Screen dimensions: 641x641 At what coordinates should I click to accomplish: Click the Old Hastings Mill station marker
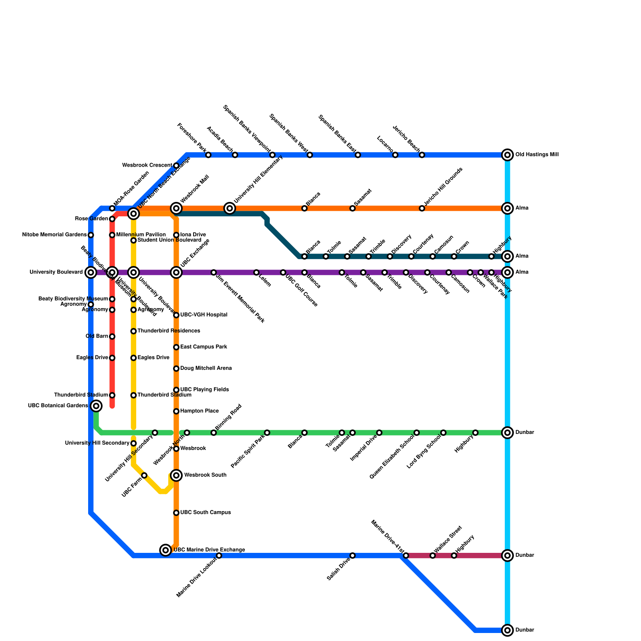[x=508, y=155]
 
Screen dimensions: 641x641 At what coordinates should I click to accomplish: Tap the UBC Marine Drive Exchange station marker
[x=165, y=550]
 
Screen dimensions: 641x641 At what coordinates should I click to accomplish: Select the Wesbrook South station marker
[x=176, y=475]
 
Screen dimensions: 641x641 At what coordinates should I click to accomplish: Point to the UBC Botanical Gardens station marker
[x=96, y=406]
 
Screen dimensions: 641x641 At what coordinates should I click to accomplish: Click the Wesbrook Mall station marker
[x=176, y=208]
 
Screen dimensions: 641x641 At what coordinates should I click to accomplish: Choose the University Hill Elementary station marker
[x=230, y=208]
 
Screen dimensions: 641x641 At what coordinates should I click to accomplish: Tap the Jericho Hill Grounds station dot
[x=422, y=208]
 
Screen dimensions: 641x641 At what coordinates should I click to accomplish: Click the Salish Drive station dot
[x=353, y=556]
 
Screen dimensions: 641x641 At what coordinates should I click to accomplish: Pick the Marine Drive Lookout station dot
[x=219, y=556]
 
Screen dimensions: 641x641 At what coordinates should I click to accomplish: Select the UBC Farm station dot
[x=144, y=475]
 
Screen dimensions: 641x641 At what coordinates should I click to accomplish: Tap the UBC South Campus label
[x=206, y=512]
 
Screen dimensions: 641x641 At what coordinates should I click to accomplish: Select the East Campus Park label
[x=204, y=347]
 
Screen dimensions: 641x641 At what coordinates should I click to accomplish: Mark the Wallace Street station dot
[x=433, y=556]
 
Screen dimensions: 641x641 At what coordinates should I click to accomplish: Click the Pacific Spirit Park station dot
[x=267, y=433]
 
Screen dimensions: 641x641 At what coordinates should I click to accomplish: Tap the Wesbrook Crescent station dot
[x=176, y=165]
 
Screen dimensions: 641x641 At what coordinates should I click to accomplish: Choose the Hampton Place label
[x=200, y=411]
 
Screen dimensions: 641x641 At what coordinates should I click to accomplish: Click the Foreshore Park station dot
[x=208, y=155]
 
